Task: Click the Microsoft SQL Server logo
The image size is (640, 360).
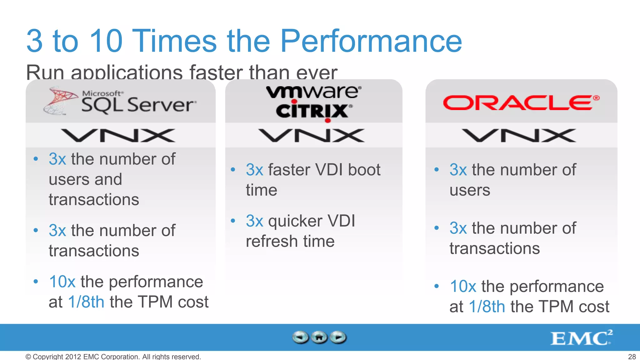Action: coord(120,101)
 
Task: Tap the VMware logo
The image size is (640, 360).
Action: coord(313,92)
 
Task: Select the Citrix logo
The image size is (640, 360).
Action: coord(313,111)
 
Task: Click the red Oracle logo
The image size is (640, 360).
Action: coord(521,103)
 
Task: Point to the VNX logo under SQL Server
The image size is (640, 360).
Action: coord(118,136)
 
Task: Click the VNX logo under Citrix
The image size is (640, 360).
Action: coord(311,136)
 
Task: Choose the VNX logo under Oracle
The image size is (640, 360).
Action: coord(519,136)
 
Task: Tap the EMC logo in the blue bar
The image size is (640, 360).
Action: coord(581,338)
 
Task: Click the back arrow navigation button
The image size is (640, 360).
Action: coord(301,337)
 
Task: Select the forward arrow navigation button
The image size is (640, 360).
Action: coord(338,337)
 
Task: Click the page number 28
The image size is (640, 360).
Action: coord(632,357)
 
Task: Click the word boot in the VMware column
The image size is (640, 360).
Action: coord(364,170)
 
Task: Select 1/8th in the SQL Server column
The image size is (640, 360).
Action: coord(86,302)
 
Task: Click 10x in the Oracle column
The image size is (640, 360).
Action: coord(463,286)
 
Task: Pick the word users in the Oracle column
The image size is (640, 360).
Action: coord(470,190)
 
